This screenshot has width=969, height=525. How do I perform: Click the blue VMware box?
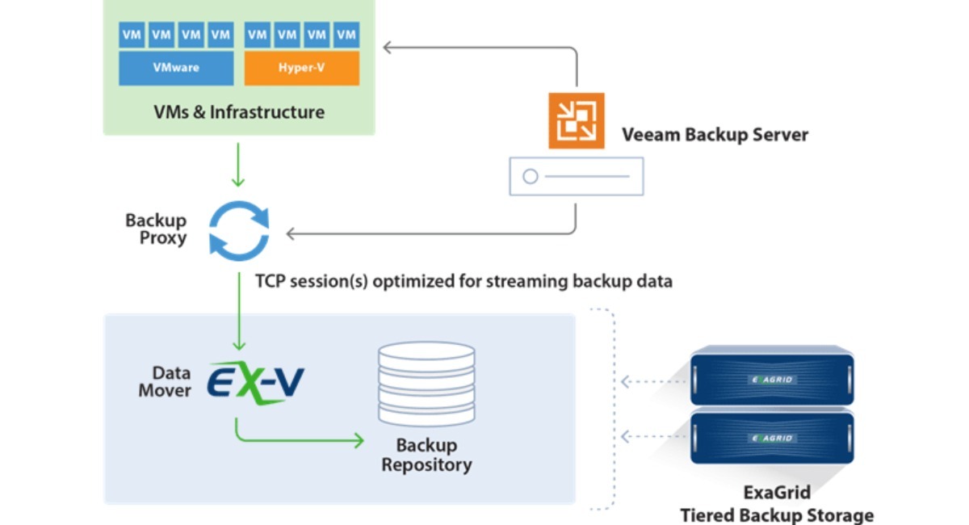click(x=175, y=68)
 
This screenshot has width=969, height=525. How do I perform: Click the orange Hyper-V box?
click(x=301, y=68)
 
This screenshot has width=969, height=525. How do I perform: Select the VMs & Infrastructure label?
click(x=239, y=112)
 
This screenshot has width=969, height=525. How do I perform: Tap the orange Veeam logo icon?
click(x=576, y=121)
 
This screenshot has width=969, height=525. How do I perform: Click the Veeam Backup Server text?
click(x=715, y=134)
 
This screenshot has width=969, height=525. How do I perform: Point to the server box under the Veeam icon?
click(x=576, y=176)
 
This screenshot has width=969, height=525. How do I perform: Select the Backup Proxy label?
click(x=156, y=229)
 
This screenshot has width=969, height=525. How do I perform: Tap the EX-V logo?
click(x=255, y=380)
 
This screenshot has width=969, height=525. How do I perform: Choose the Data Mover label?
click(x=165, y=381)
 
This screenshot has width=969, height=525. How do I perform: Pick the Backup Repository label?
click(x=426, y=455)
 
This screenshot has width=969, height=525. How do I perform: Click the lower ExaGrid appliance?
click(x=772, y=437)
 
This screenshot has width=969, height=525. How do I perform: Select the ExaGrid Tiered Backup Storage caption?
click(x=777, y=503)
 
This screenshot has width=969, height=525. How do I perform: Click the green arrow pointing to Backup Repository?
click(x=299, y=440)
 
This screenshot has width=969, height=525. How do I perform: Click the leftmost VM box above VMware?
click(x=132, y=35)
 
